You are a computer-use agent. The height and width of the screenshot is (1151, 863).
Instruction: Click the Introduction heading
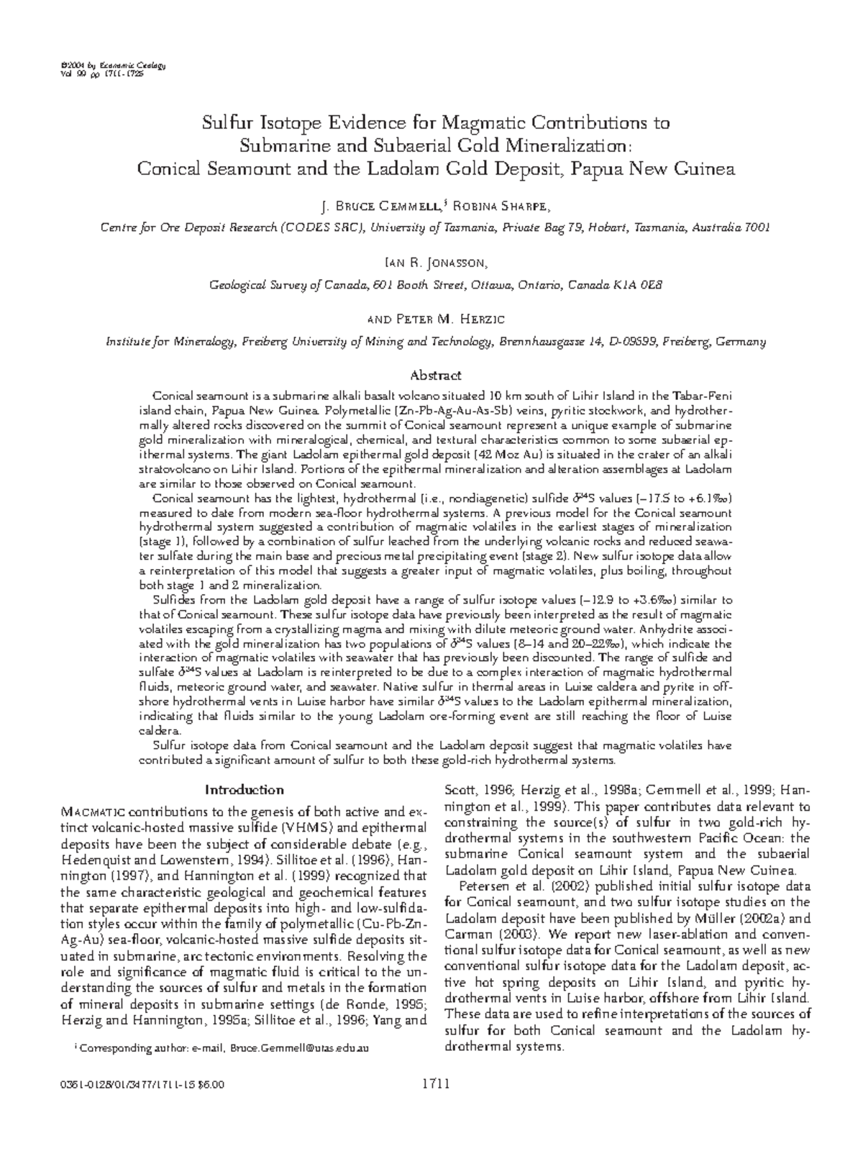[x=245, y=790]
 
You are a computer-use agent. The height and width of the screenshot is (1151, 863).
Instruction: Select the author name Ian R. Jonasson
[x=432, y=263]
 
